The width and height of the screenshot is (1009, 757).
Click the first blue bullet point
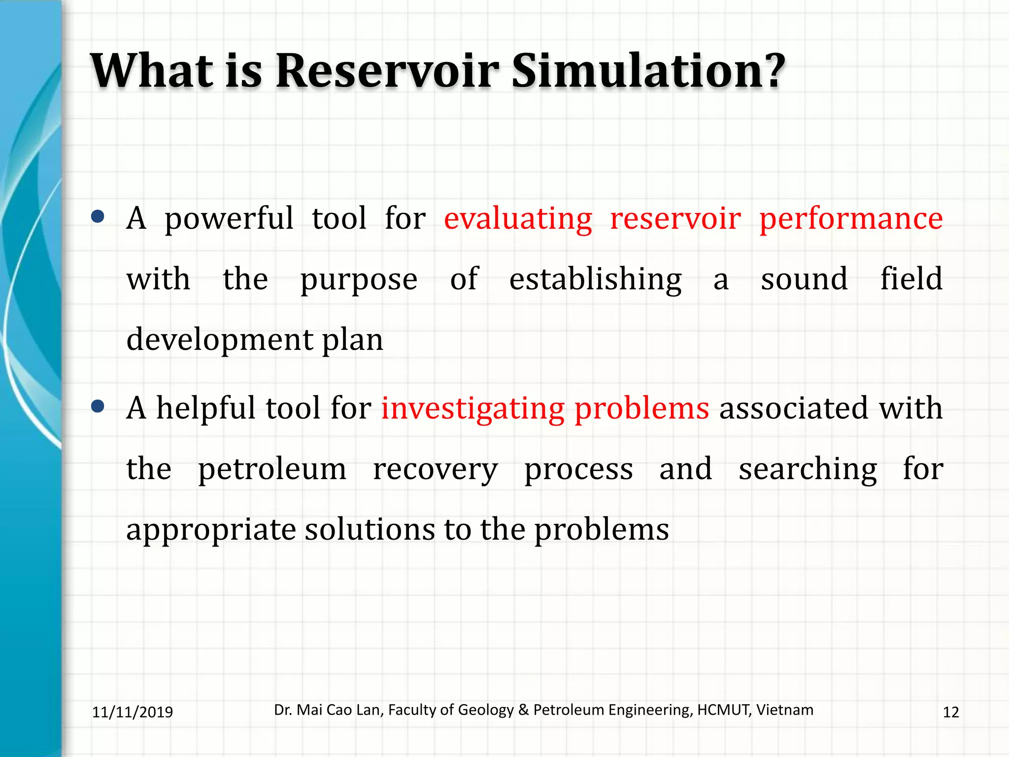(98, 216)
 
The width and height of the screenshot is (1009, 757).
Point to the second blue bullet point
(98, 406)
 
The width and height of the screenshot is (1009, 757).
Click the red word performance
(851, 219)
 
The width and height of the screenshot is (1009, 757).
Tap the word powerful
(229, 219)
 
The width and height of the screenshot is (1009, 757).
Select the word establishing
(595, 279)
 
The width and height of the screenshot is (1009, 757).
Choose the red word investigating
(472, 409)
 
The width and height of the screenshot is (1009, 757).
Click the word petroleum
(272, 469)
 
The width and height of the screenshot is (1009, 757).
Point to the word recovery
(435, 470)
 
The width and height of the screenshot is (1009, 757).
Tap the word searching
(807, 469)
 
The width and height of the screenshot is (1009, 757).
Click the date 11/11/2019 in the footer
(133, 712)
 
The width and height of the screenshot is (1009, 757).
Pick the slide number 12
(950, 712)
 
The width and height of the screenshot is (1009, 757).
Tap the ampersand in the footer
(524, 710)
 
